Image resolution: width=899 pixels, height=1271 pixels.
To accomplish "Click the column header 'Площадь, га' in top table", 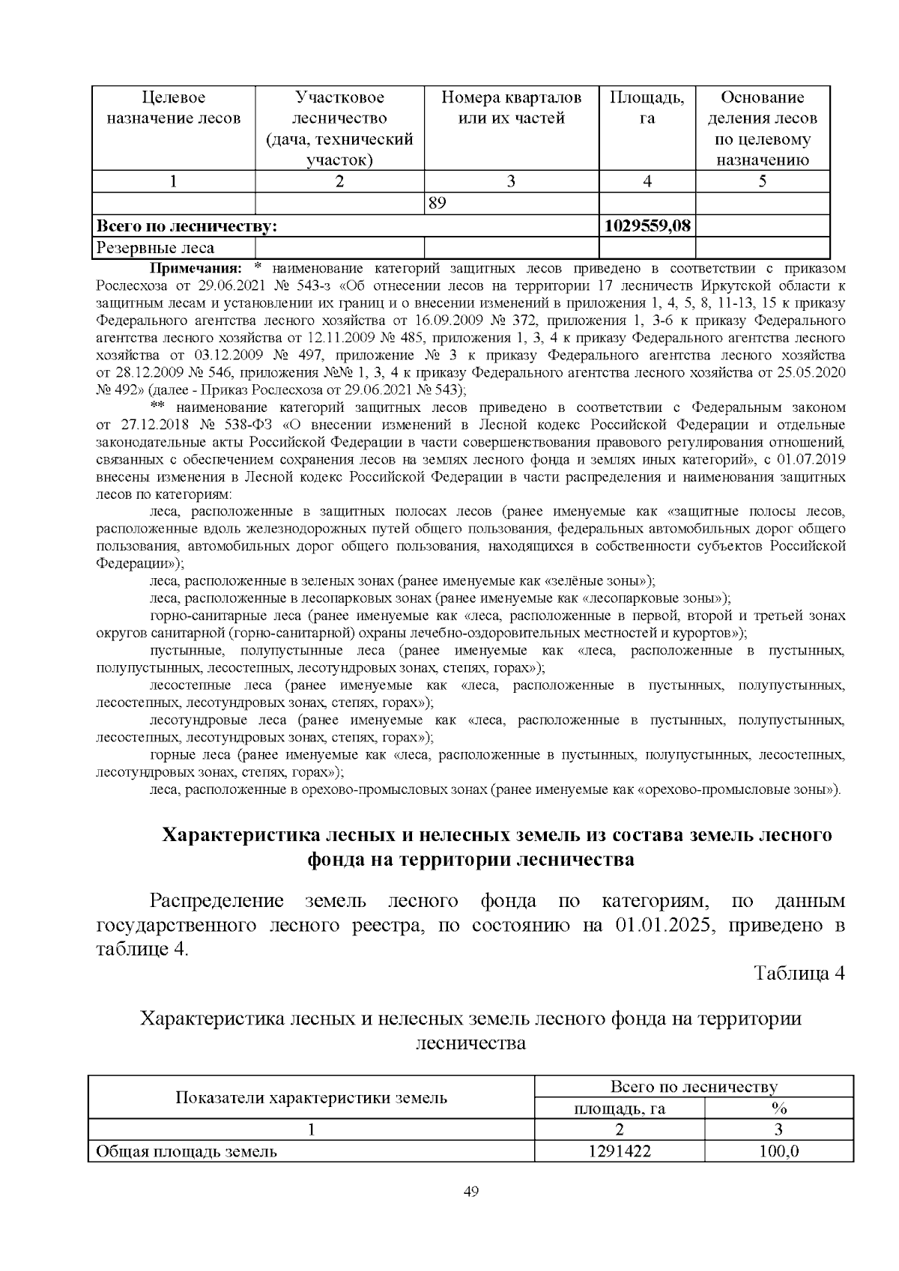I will click(647, 107).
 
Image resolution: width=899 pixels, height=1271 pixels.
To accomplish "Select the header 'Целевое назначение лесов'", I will click(173, 107).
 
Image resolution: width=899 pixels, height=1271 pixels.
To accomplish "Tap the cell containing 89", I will click(437, 203).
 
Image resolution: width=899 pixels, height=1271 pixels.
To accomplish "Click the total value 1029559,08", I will click(647, 225).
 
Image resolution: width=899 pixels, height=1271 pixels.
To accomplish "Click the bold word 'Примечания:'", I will click(197, 268).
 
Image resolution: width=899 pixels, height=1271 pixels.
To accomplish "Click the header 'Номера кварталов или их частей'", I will click(511, 107).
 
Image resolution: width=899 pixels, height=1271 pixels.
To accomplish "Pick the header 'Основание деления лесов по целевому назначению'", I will click(762, 128).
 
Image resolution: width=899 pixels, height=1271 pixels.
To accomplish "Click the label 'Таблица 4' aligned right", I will click(799, 973).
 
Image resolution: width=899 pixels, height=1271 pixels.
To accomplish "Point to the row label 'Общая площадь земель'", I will click(183, 1151).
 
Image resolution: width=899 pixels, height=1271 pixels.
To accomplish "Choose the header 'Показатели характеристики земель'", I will click(311, 1098).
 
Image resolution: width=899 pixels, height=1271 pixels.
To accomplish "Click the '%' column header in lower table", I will click(778, 1108).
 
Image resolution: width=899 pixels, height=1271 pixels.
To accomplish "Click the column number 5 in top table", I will click(762, 181).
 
